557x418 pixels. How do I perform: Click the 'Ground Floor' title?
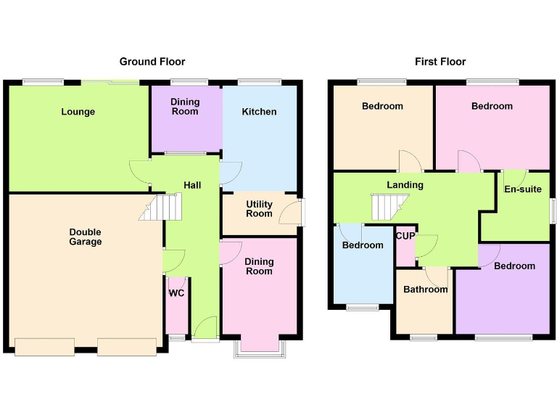click(x=152, y=62)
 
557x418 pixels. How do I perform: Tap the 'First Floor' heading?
click(x=440, y=62)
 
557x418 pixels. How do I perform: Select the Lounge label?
click(x=78, y=112)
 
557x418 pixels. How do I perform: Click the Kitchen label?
click(x=259, y=112)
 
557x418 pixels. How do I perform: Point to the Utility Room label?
click(x=259, y=209)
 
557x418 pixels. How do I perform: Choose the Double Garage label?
click(x=86, y=237)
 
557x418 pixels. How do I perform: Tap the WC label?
click(x=176, y=294)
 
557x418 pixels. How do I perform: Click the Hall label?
click(x=192, y=186)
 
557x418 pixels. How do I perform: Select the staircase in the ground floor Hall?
click(x=159, y=208)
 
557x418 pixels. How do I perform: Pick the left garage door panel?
click(x=44, y=347)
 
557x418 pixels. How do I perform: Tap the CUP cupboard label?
click(x=405, y=235)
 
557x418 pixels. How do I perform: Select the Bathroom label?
click(x=426, y=290)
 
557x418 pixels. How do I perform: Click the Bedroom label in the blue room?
click(x=363, y=245)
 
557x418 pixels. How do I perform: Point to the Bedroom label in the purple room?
click(x=514, y=266)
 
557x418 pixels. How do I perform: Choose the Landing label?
click(x=405, y=185)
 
